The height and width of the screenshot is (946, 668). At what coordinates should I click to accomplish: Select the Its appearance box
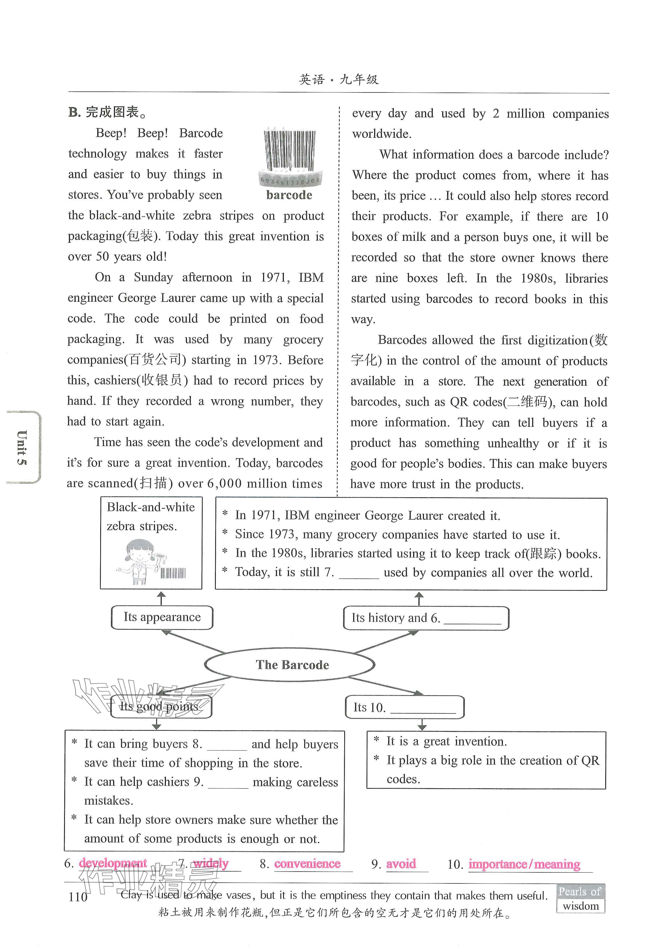(x=162, y=617)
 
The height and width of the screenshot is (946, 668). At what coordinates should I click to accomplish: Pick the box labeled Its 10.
(x=404, y=707)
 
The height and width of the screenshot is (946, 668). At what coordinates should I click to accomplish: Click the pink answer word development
(x=113, y=863)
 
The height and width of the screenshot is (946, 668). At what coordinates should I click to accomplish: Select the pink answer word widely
(x=211, y=863)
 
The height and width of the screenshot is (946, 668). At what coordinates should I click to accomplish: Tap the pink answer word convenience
(x=307, y=863)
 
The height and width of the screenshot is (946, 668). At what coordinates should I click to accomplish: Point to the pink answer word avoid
(x=401, y=863)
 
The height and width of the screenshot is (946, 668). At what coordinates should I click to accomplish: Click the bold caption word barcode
(x=289, y=195)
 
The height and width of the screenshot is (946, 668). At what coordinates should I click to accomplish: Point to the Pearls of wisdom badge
(x=580, y=898)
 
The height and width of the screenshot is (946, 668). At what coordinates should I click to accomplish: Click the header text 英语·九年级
(x=338, y=79)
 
